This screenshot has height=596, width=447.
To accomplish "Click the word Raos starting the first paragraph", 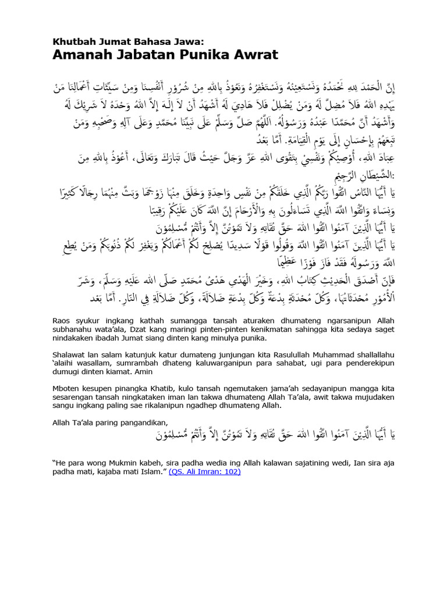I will (63, 320).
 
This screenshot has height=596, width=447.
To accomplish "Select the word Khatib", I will (161, 387).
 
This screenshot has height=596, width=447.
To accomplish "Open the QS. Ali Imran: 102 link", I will (205, 472).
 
